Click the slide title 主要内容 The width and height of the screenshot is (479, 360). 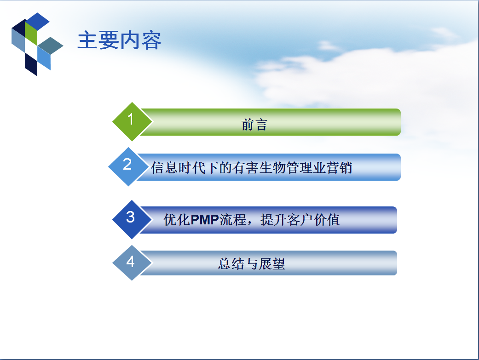point(120,40)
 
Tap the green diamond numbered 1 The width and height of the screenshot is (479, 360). point(132,121)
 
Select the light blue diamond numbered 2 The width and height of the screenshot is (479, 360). point(128,167)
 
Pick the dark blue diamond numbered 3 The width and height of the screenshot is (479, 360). point(132,220)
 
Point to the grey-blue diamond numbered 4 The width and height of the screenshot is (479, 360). point(132,263)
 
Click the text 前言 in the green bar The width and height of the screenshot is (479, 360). point(254,125)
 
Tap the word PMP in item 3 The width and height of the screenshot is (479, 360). point(204,220)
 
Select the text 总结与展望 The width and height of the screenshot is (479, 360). point(251,264)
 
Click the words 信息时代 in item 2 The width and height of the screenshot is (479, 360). point(178,168)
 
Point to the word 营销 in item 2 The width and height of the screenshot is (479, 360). point(339,168)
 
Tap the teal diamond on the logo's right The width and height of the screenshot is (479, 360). point(51,46)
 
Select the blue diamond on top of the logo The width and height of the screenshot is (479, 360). point(37,21)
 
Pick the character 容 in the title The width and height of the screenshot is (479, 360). point(151,40)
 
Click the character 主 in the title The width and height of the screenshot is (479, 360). point(87,40)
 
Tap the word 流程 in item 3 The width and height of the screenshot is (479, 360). point(232,220)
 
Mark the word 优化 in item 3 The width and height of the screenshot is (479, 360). point(177,220)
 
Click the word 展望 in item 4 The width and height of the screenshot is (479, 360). point(272,264)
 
